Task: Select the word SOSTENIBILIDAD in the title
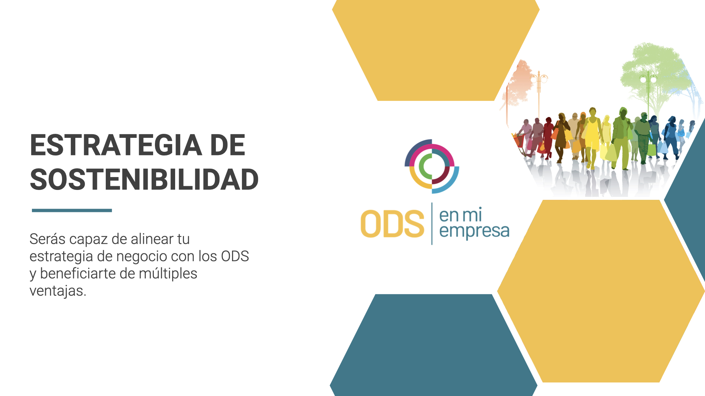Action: point(144,180)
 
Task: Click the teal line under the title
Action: point(72,210)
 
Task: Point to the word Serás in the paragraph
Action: point(47,239)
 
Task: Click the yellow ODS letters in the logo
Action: point(392,224)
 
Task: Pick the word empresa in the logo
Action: point(474,231)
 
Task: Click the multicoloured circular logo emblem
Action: point(432,166)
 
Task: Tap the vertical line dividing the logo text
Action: point(432,223)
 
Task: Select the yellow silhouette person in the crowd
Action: point(592,137)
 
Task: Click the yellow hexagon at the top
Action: point(436,50)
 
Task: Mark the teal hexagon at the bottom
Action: point(434,345)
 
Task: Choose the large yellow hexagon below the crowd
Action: point(601,291)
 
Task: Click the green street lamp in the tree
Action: point(648,92)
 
